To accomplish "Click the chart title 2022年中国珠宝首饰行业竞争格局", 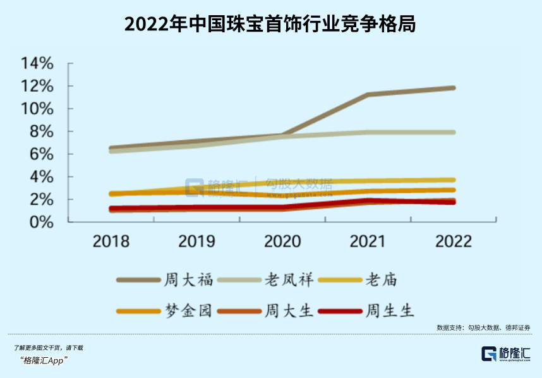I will [x=270, y=23].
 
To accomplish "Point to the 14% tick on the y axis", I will [x=37, y=63].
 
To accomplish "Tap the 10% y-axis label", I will [x=37, y=109].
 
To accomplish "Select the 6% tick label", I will [x=42, y=154].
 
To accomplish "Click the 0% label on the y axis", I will [x=42, y=223].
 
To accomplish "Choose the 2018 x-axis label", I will [x=111, y=241].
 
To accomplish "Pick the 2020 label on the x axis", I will [x=282, y=241].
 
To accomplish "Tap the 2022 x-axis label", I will [x=454, y=241].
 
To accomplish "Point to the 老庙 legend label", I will [x=381, y=279].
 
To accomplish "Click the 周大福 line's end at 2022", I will [x=453, y=88].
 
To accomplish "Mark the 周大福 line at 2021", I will [x=368, y=95].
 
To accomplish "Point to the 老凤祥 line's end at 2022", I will [x=453, y=132].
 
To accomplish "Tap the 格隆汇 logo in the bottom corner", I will [x=505, y=353].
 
